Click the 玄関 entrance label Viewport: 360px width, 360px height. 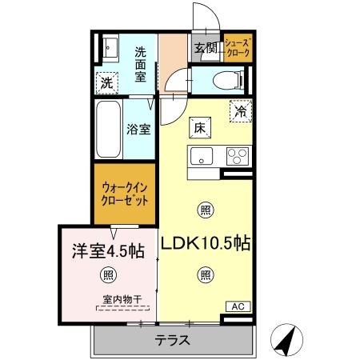click(x=206, y=48)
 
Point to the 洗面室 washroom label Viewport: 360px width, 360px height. click(x=145, y=63)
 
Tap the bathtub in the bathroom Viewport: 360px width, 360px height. click(x=107, y=129)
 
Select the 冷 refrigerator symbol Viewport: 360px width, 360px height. click(x=238, y=112)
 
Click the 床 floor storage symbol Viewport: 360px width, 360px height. click(x=199, y=126)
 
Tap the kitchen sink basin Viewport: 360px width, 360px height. click(x=201, y=155)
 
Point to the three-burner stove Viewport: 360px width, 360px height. click(x=237, y=155)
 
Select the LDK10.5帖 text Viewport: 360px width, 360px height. click(x=206, y=244)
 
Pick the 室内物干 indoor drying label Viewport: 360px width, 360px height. click(x=122, y=301)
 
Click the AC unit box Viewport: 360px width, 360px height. click(x=238, y=306)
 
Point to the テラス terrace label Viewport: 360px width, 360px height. click(x=173, y=340)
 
